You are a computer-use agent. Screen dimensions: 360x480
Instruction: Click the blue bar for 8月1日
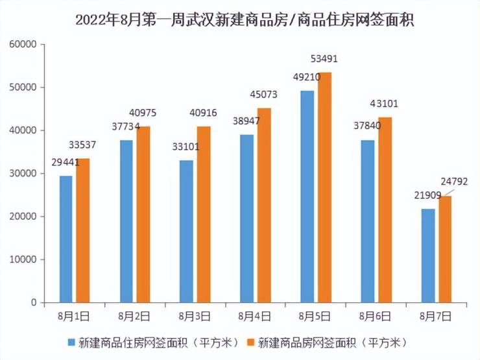coord(66,239)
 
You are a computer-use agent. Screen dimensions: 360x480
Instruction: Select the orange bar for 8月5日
coord(324,187)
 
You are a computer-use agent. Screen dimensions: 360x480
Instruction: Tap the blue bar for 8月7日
coord(428,256)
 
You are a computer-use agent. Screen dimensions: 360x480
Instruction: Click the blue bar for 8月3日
coord(187,231)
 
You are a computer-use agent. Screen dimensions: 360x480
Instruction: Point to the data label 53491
coord(324,59)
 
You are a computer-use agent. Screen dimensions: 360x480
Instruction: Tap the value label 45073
coord(264,95)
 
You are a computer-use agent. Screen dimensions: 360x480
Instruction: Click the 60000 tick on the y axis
coord(23,44)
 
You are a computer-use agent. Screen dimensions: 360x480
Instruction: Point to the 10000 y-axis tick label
coord(23,259)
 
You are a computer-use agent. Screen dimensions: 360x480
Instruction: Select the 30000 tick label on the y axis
coord(23,173)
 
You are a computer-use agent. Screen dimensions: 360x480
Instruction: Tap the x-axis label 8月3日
coord(195,317)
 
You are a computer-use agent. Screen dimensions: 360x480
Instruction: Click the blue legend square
coord(71,341)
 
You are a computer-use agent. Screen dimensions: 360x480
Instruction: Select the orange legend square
coord(251,341)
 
